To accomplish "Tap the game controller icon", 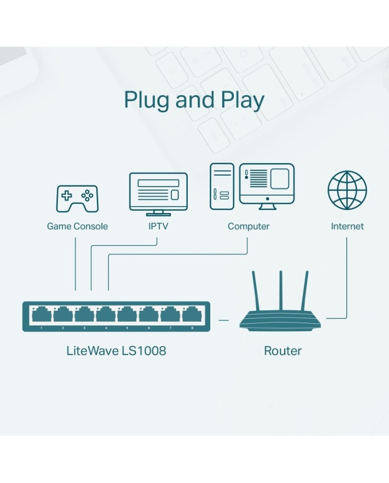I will pyautogui.click(x=77, y=198).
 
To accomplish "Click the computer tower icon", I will pyautogui.click(x=222, y=186).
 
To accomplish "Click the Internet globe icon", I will pyautogui.click(x=347, y=190).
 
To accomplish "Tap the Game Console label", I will pyautogui.click(x=77, y=226).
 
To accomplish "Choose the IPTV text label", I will pyautogui.click(x=158, y=226).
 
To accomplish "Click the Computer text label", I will pyautogui.click(x=248, y=226).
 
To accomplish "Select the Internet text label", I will pyautogui.click(x=347, y=226).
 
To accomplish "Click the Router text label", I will pyautogui.click(x=282, y=351).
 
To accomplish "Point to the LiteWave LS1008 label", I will pyautogui.click(x=116, y=351).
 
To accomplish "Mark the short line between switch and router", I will pyautogui.click(x=224, y=320).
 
